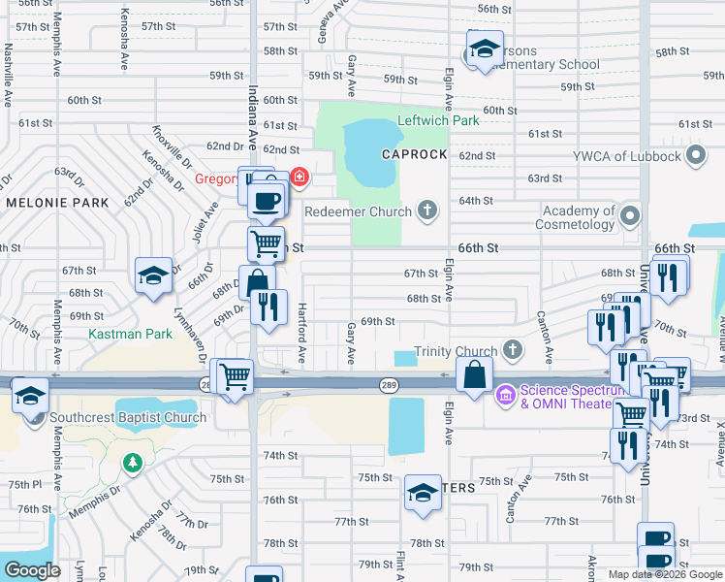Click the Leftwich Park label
pos(438,121)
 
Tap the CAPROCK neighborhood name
pos(414,155)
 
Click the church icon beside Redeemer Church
pos(426,210)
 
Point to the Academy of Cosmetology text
pos(579,217)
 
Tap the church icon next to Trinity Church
pos(513,350)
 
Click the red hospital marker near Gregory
pos(299,177)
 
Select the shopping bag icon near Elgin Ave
pos(474,375)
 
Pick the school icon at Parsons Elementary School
pos(483,50)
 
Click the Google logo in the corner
pos(32,570)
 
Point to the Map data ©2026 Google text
pos(665,574)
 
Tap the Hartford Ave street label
pos(301,344)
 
